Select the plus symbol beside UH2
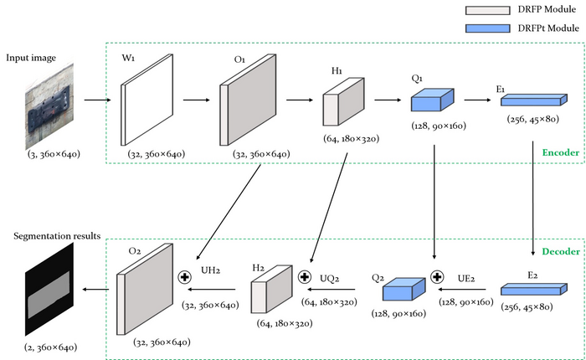[x=187, y=275]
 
